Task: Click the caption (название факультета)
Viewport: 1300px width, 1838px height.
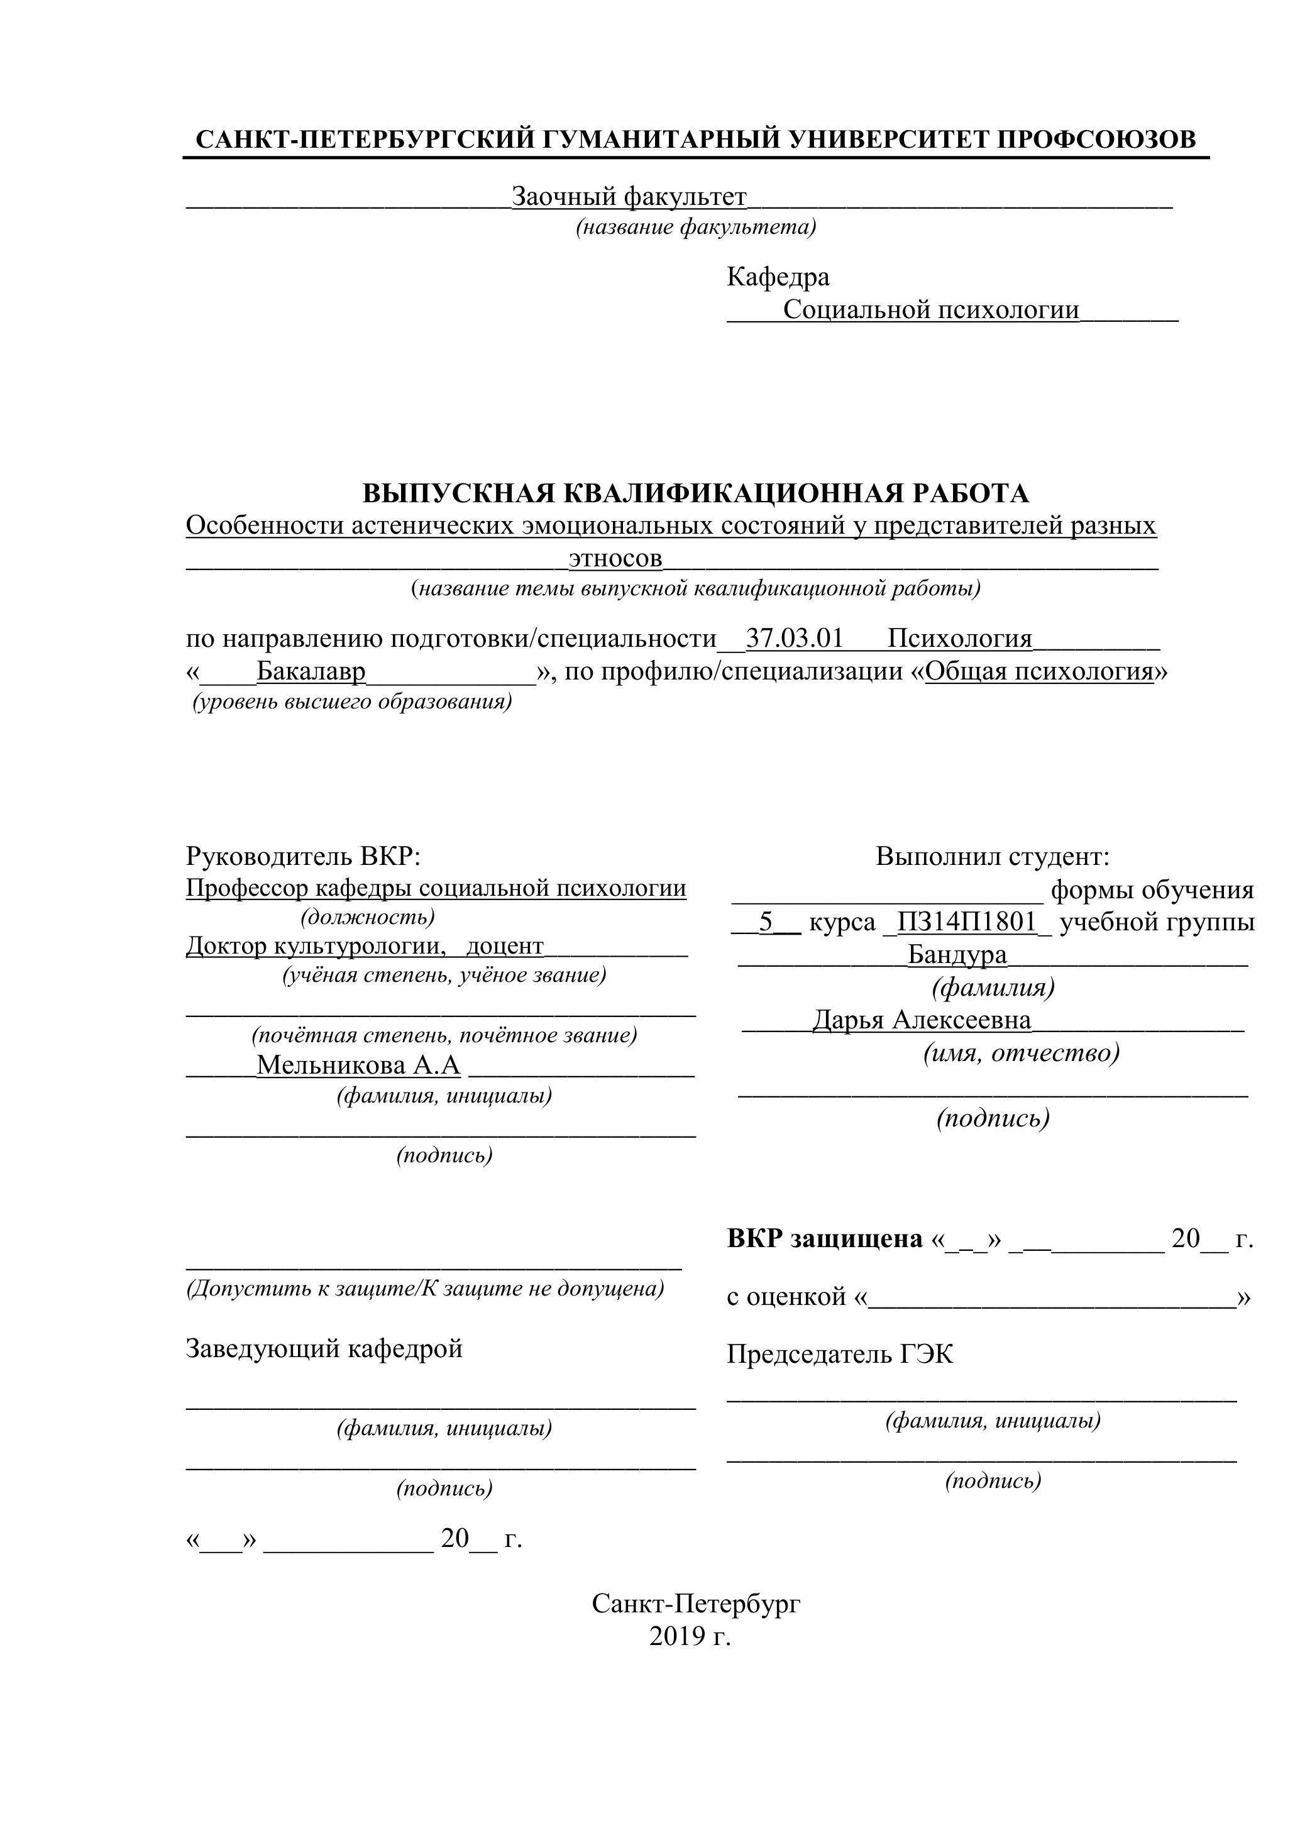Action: [696, 228]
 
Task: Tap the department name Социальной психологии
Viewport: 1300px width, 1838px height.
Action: [930, 310]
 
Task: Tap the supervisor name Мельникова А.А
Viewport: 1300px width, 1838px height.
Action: [358, 1065]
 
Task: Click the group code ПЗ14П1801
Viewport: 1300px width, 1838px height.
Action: [966, 922]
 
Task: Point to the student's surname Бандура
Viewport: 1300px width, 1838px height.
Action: [957, 954]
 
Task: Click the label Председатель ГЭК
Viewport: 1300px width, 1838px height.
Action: [840, 1355]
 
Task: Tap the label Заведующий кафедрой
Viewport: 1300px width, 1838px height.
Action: [324, 1349]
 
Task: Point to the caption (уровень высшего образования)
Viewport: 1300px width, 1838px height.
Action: [351, 702]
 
